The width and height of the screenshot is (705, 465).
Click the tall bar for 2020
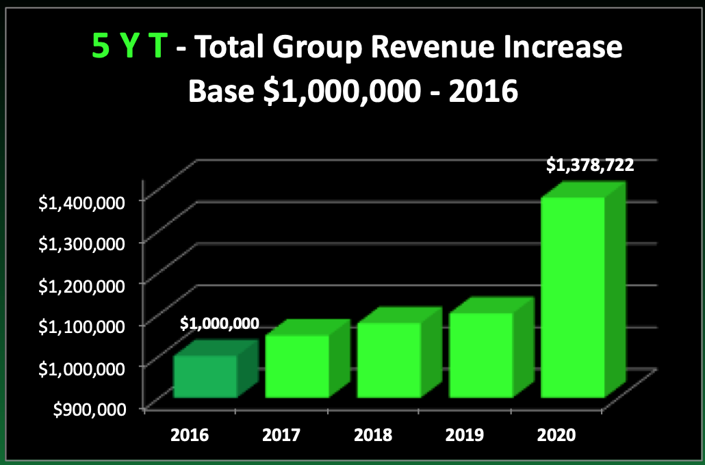[572, 297]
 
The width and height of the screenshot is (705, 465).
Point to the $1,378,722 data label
[589, 164]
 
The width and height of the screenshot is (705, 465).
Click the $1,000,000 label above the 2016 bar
[220, 324]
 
